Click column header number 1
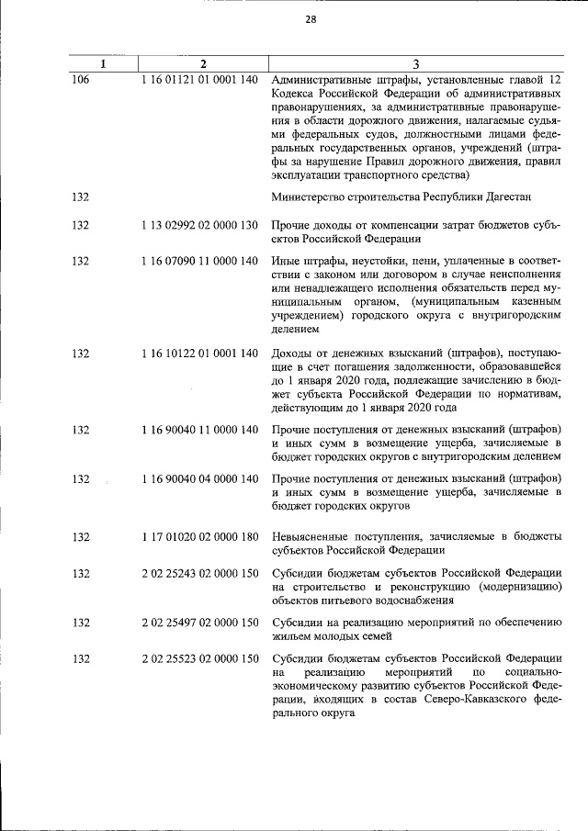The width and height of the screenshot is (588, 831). click(x=104, y=64)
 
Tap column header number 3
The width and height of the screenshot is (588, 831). click(x=416, y=64)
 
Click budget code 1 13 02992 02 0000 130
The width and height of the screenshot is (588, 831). click(x=200, y=226)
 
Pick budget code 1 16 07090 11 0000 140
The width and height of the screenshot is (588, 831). click(x=200, y=261)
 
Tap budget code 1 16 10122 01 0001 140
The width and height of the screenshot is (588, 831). click(x=200, y=354)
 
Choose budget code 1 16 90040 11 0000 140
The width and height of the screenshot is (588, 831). click(x=200, y=429)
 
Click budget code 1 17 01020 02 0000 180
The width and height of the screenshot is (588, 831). click(x=200, y=537)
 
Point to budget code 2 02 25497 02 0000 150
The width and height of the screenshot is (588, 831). click(x=200, y=623)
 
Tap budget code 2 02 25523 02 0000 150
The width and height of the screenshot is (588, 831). click(x=200, y=657)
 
